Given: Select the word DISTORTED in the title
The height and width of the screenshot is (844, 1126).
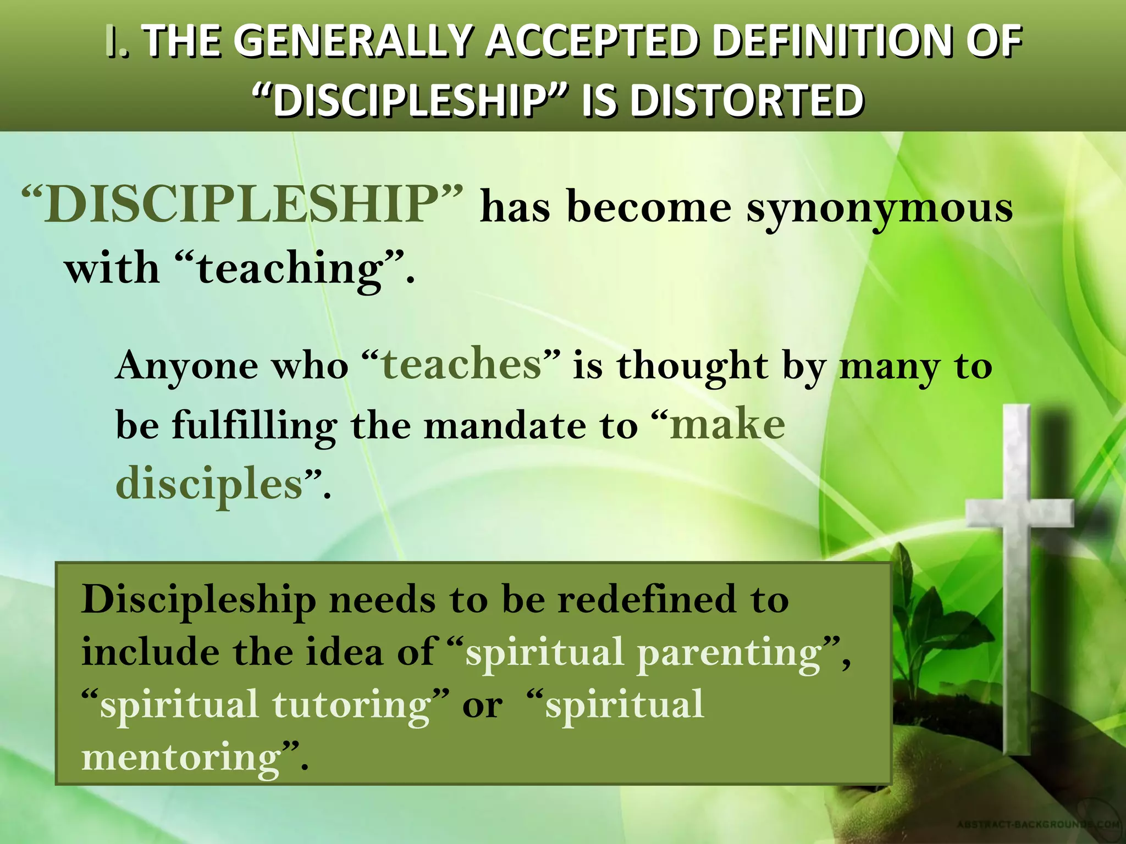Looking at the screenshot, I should [746, 101].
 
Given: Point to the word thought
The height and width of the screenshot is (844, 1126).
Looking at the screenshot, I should [692, 365].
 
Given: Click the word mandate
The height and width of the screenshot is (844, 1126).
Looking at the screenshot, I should [505, 426].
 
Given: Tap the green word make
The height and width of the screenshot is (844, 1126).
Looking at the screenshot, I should [727, 425].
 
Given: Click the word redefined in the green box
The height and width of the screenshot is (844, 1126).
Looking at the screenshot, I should [647, 599].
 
